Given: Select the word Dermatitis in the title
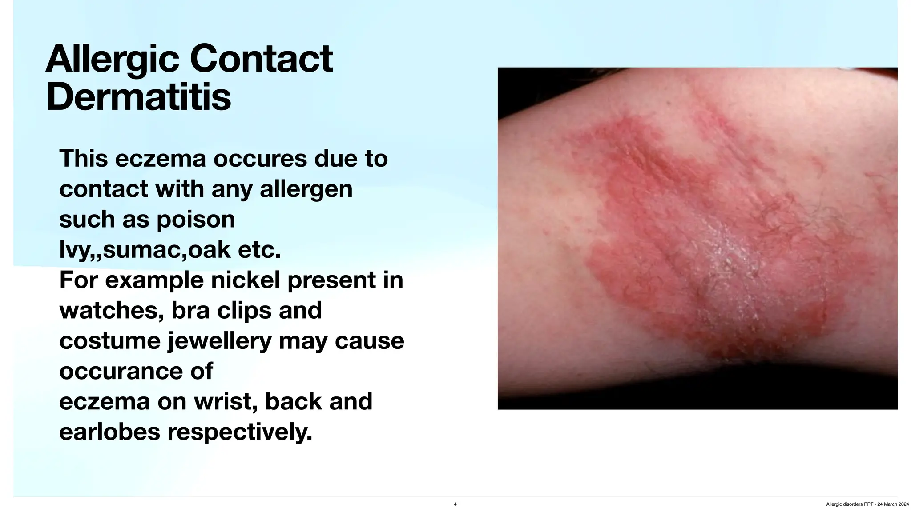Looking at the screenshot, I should tap(138, 97).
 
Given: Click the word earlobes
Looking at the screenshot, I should tap(109, 432).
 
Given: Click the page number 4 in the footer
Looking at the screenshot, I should tap(455, 504).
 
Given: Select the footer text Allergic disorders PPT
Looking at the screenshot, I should tap(849, 504).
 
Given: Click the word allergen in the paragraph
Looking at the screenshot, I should tap(306, 189).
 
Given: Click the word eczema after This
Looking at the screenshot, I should tap(161, 159).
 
